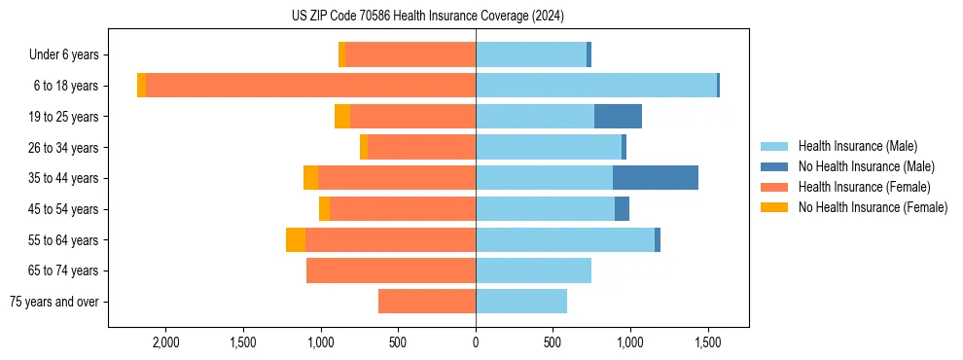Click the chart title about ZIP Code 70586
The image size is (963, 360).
pos(427,17)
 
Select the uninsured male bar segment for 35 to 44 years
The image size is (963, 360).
pos(655,178)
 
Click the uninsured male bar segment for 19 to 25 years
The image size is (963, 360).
pos(618,117)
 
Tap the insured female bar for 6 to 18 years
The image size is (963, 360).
pos(310,86)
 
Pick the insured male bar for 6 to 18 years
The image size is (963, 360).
pos(595,86)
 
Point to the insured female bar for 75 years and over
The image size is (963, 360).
pos(426,302)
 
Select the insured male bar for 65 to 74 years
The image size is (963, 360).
pos(533,270)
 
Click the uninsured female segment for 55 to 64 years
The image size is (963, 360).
pos(296,239)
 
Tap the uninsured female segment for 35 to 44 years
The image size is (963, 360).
pos(310,178)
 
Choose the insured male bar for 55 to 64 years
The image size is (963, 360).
pos(564,239)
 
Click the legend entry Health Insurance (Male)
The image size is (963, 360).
pos(857,146)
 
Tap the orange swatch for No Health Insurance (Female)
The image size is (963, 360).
pos(775,207)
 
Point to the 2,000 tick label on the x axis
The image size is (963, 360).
pos(165,342)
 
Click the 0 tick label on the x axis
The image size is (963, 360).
pos(476,342)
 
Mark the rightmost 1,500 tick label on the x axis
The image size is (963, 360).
pos(707,342)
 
